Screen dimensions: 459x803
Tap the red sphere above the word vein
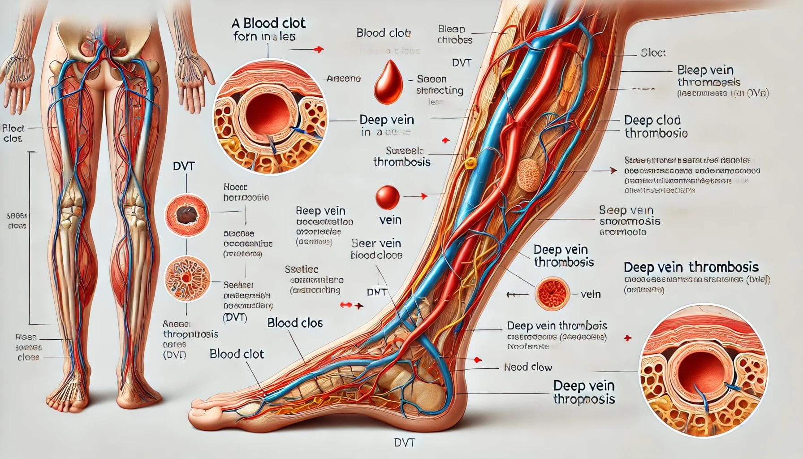[x=387, y=198]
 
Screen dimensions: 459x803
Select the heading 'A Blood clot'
[x=269, y=23]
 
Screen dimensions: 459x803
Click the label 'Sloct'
[x=653, y=53]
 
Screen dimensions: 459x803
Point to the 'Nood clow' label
[x=528, y=367]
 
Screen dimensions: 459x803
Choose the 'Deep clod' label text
[x=652, y=120]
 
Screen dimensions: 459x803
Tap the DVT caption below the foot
[x=404, y=442]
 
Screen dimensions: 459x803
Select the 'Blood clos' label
[x=295, y=323]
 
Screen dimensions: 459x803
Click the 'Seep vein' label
[x=626, y=210]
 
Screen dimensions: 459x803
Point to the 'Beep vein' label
[x=320, y=211]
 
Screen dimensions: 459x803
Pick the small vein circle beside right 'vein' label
[x=553, y=294]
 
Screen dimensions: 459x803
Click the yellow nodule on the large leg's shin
[x=469, y=163]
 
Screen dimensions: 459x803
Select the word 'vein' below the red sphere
[x=390, y=220]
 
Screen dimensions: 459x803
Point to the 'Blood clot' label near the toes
[x=237, y=354]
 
